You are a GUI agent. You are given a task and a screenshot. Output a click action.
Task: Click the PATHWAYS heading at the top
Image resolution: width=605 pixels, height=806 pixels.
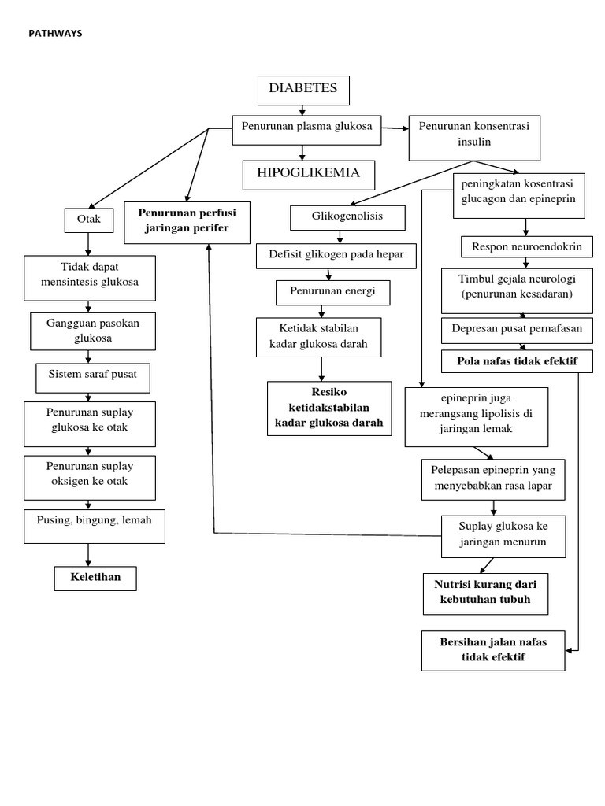(x=54, y=33)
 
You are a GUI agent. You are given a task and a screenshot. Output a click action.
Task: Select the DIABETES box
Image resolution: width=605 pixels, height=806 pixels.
(x=303, y=90)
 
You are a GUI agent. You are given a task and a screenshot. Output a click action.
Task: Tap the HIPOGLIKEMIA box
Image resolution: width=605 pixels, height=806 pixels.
(x=308, y=174)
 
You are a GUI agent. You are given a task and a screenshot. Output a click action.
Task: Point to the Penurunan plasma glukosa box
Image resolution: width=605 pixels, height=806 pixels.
(x=306, y=130)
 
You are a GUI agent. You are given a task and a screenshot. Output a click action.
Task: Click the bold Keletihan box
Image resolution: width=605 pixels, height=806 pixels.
(x=95, y=579)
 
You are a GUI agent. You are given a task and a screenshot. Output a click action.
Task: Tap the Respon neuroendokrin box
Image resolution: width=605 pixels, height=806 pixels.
(x=526, y=247)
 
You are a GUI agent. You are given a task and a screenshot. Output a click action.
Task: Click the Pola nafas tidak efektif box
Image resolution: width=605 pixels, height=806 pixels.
(x=518, y=361)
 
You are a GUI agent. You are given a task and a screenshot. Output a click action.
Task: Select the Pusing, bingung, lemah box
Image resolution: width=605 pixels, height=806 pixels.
(x=95, y=525)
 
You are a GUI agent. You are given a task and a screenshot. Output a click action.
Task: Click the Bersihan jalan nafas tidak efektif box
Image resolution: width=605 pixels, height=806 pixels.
(x=493, y=649)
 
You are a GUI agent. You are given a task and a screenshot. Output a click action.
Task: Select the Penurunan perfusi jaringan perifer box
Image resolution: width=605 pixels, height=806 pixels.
(x=187, y=221)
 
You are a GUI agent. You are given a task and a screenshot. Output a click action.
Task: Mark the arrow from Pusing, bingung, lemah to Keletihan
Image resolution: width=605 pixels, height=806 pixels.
(x=94, y=554)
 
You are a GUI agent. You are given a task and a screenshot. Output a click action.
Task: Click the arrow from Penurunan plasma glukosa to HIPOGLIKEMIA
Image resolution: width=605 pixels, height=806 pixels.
(x=302, y=152)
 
